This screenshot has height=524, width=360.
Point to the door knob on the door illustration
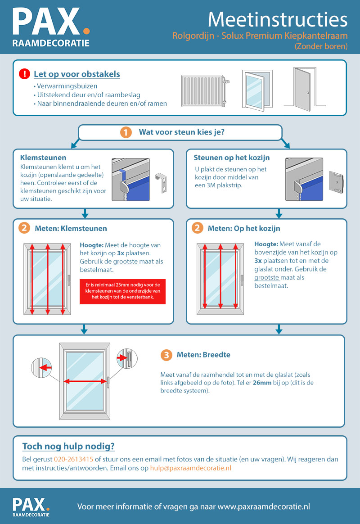[307, 92]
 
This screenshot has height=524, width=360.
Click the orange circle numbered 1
[126, 132]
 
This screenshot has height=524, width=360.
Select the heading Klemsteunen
[43, 158]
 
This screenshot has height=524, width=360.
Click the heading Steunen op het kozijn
[231, 158]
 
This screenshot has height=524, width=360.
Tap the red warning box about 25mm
[122, 291]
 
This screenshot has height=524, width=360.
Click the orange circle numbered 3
[166, 355]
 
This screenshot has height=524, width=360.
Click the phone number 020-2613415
[73, 460]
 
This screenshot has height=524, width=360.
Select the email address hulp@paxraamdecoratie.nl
[191, 468]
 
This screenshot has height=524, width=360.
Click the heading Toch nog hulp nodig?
[68, 447]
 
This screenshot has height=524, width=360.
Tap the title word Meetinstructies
[278, 20]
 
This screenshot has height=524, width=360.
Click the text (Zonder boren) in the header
[321, 46]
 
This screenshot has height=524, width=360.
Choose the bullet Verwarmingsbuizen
[65, 86]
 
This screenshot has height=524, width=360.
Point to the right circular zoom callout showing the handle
[126, 358]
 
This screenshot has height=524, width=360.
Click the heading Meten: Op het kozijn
[244, 229]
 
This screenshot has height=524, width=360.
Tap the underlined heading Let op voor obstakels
[77, 74]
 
